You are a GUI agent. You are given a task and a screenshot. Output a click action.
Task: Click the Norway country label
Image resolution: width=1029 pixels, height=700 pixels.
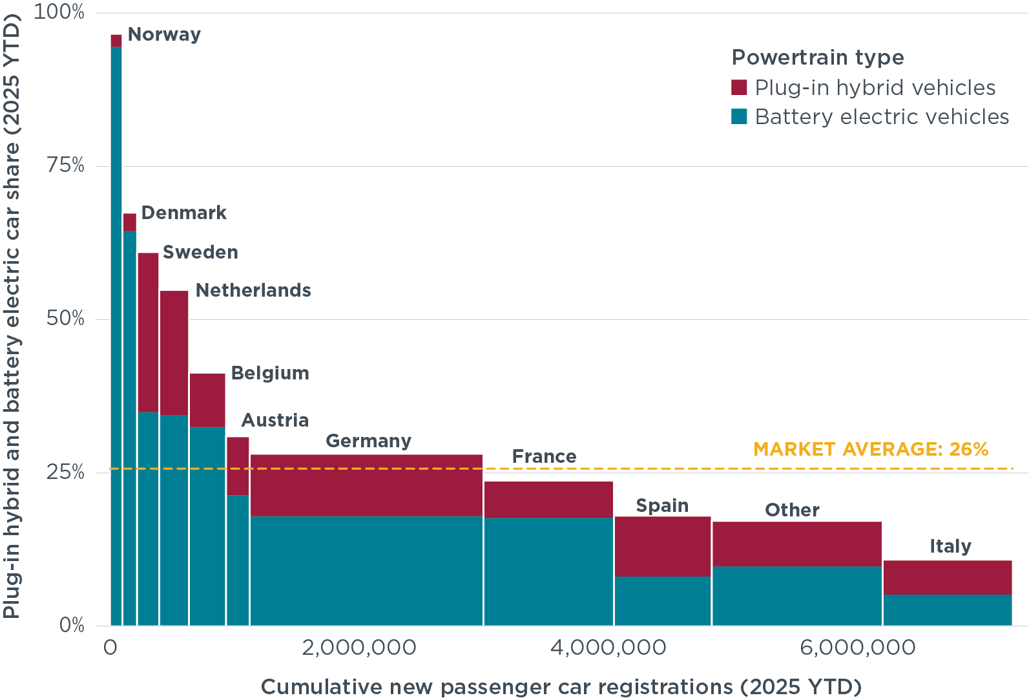(164, 34)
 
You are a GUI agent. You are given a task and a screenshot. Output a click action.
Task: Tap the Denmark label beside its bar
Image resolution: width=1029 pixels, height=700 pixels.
(183, 213)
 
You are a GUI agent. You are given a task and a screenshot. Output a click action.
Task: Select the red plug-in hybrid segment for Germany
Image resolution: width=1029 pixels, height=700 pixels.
(366, 485)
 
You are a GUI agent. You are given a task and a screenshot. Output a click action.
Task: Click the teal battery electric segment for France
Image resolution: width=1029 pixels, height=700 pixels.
(548, 571)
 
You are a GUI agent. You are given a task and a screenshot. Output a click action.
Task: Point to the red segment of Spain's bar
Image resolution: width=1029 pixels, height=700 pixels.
(663, 546)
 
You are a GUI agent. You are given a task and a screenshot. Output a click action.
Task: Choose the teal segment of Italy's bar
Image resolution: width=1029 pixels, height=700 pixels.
(947, 610)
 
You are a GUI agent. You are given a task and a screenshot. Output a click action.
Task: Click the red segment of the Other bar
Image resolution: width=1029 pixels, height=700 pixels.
(797, 544)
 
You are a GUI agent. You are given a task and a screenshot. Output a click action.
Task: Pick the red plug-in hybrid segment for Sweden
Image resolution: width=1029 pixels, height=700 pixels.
(148, 332)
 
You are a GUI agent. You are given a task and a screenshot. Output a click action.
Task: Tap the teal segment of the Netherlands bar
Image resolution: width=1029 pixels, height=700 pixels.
(174, 520)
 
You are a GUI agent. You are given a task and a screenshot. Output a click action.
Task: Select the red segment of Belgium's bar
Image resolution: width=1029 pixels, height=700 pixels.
(207, 400)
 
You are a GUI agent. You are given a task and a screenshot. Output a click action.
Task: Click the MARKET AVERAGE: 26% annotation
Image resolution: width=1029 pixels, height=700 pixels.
(871, 449)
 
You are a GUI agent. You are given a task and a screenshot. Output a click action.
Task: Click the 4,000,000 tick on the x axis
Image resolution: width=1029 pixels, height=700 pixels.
(608, 648)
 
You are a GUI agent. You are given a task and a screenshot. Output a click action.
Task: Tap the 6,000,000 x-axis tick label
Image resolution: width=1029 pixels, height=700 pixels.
(857, 648)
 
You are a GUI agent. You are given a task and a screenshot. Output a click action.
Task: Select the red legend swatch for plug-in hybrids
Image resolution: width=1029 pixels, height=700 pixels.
(739, 87)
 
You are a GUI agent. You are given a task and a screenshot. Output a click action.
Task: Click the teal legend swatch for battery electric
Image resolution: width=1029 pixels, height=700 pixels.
(739, 116)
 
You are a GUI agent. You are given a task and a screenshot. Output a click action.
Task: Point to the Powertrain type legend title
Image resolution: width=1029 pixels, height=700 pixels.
(817, 58)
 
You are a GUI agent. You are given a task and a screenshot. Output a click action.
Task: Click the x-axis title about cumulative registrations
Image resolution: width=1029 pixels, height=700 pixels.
(561, 686)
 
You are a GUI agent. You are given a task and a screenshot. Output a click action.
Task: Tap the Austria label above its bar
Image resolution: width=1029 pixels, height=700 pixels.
(275, 420)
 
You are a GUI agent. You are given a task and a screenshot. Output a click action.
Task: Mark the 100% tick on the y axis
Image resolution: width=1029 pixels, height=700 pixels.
(59, 12)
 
